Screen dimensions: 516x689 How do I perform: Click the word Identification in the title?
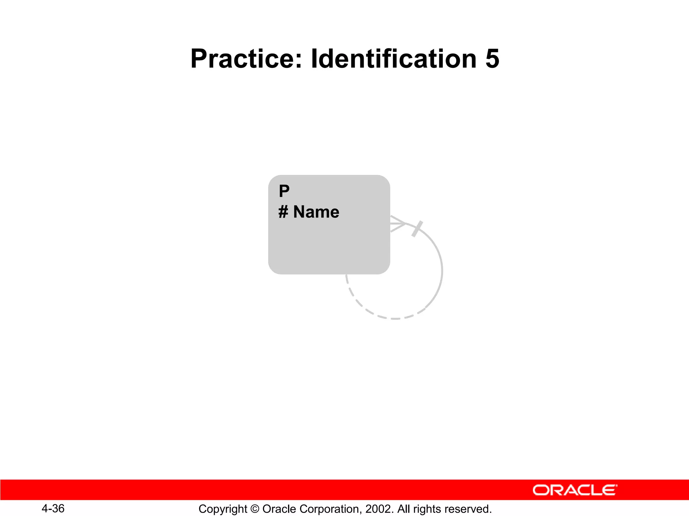pos(393,59)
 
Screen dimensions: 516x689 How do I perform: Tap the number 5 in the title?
pos(492,59)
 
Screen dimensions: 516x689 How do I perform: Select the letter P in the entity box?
pos(284,191)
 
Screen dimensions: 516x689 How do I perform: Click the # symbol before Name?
pos(283,212)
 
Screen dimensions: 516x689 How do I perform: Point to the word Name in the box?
pos(316,212)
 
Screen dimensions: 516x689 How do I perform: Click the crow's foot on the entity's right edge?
pos(397,224)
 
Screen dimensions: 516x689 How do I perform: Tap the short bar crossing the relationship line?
pos(417,229)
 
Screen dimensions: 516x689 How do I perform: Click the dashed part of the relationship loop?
pos(377,314)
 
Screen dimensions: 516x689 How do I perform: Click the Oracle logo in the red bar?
pos(575,490)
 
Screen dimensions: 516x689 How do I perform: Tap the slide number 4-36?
pos(53,508)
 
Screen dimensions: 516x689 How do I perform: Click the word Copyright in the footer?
pos(223,509)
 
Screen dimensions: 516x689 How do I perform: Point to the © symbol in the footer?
pos(255,509)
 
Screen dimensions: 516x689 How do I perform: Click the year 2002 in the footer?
pos(378,509)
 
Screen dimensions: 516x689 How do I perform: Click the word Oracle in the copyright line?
pos(277,509)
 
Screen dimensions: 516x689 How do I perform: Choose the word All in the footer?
pos(404,509)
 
